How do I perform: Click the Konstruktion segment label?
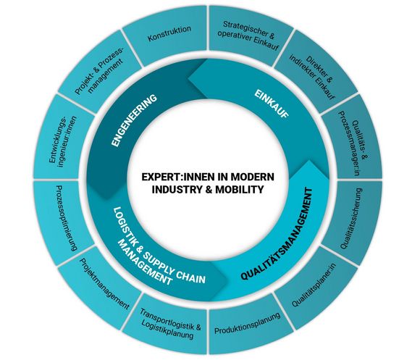169,31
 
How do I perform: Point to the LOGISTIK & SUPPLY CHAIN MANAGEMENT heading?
156,250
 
